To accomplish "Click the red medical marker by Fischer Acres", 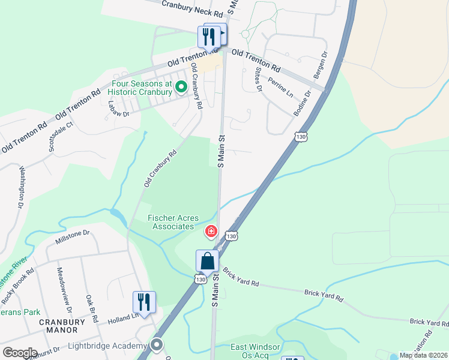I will tap(211, 231).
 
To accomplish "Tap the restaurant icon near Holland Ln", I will tap(144, 302).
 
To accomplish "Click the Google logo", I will tap(20, 353).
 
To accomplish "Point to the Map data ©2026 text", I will tap(424, 355).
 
